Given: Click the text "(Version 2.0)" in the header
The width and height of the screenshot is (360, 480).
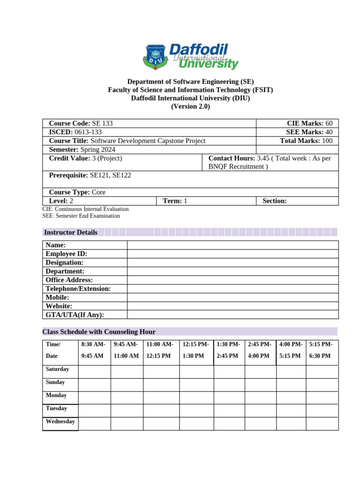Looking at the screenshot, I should (x=190, y=106).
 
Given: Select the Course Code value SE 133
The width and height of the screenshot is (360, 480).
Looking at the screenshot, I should (x=102, y=123).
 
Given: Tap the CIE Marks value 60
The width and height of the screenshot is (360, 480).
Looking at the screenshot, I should (x=329, y=123).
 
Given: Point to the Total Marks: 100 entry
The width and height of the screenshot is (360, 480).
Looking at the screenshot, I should (x=306, y=141).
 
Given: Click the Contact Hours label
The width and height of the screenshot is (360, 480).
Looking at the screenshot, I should (x=232, y=158).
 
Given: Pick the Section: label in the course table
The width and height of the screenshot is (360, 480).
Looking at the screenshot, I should (x=275, y=201).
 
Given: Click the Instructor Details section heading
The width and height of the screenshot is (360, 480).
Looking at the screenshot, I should (x=70, y=232).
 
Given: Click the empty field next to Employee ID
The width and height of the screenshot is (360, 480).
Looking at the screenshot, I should (x=232, y=254).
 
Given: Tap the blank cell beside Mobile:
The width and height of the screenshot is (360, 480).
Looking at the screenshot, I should (x=232, y=297).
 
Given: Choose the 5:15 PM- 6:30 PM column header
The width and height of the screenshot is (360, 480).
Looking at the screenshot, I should (x=322, y=350).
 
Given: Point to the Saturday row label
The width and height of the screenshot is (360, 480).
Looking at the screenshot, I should (x=57, y=369).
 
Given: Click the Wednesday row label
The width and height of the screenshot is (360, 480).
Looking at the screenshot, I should (x=60, y=421).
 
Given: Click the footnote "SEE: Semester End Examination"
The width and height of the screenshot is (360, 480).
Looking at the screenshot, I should (x=81, y=216).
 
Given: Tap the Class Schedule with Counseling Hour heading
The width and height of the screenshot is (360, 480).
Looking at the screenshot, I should (x=99, y=331).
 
